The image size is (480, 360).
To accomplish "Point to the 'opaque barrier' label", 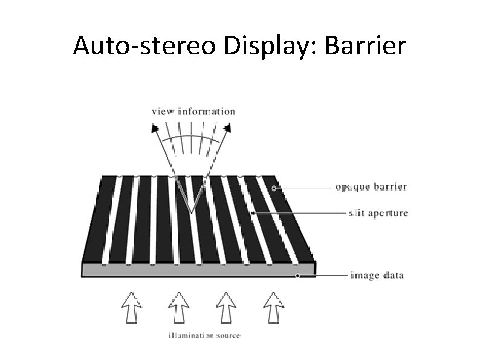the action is click(371, 187).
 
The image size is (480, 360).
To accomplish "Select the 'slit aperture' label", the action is click(378, 213).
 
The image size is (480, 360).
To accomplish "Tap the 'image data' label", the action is click(377, 276).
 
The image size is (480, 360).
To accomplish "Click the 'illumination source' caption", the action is click(204, 335).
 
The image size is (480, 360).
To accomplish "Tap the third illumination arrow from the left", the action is click(225, 306).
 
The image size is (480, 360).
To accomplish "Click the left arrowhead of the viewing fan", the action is click(155, 128).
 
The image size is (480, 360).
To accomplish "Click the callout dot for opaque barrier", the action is click(274, 188).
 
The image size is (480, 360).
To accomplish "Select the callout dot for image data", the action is click(297, 276).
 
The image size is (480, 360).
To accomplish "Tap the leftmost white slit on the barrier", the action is click(112, 221).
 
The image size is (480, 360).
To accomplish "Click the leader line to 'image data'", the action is click(323, 276).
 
